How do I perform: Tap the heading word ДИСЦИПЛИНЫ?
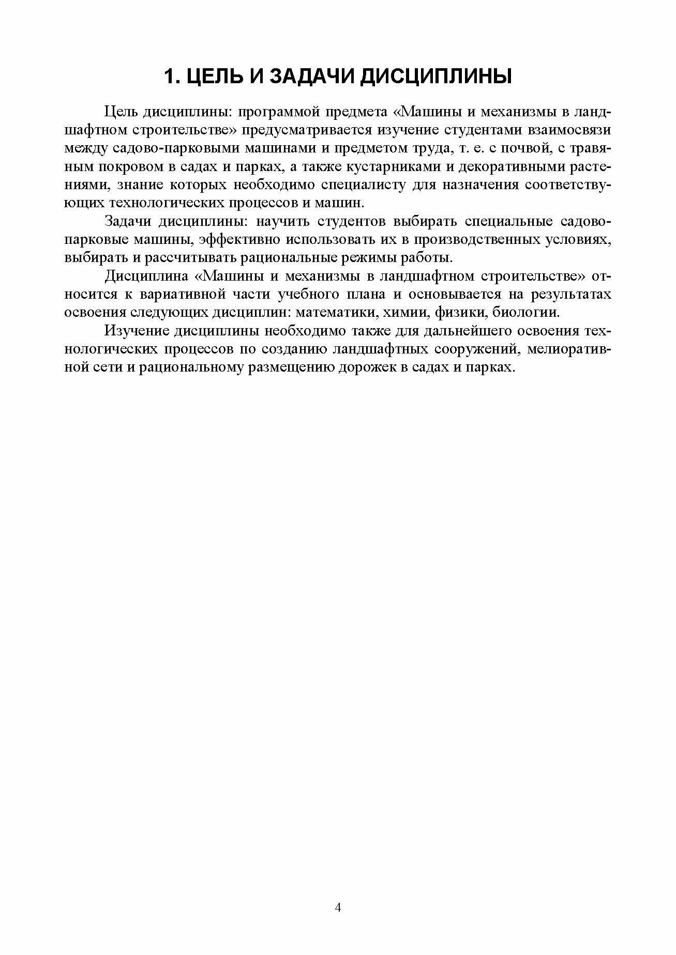[x=435, y=76]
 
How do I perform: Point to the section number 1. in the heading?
[x=171, y=76]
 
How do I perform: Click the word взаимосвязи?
[x=569, y=130]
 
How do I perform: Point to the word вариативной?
[x=184, y=295]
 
